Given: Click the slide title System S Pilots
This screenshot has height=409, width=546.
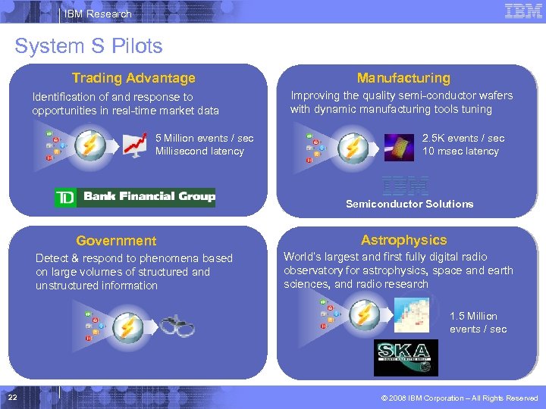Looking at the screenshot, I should point(89,46).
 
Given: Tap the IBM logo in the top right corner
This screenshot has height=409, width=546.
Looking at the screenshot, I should point(523,11).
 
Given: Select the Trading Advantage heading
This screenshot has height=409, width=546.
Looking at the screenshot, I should point(133,78).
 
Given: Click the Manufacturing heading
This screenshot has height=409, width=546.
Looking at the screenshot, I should point(403,78).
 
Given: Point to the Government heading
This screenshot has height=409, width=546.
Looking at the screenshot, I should point(116,241).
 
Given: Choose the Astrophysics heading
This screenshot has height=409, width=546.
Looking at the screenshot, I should point(403,240).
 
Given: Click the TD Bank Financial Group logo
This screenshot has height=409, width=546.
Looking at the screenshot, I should point(135,197).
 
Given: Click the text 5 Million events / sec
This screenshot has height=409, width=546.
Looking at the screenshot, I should point(204,138).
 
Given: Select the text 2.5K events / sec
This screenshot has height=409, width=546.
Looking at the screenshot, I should point(463,138).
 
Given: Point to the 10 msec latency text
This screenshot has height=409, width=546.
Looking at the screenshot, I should point(461,151).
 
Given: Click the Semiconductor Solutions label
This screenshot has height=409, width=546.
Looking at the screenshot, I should point(409,204).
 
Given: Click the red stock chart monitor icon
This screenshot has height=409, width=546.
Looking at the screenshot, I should point(136,144).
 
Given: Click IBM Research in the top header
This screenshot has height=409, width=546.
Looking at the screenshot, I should point(98,14).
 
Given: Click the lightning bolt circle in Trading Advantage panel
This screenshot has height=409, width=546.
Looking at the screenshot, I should point(90,145).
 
